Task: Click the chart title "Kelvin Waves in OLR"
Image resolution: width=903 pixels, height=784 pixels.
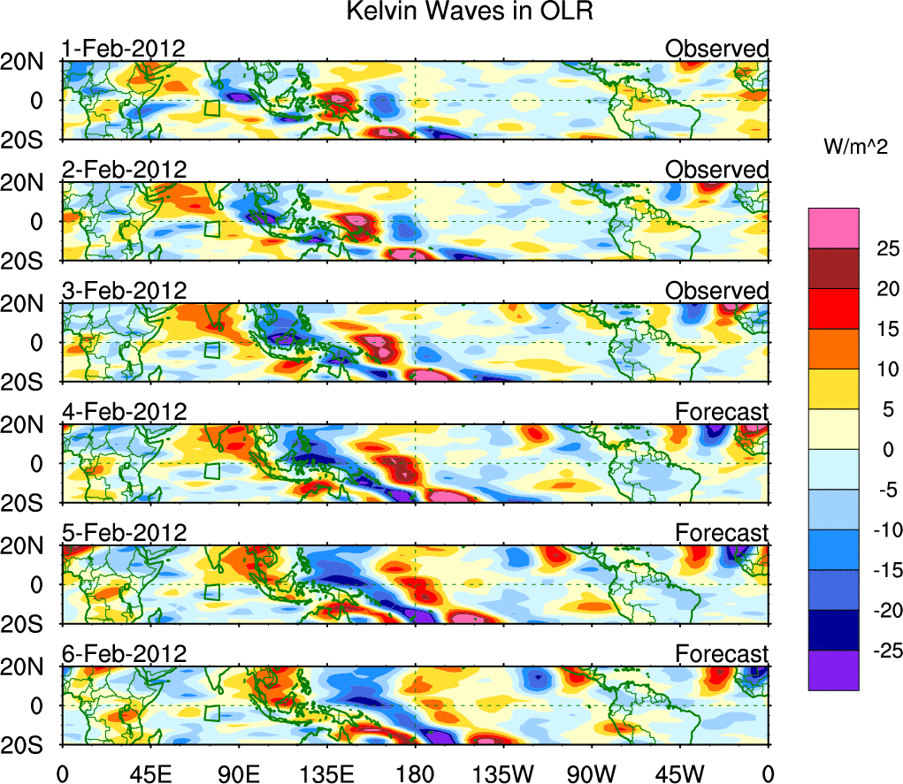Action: (450, 12)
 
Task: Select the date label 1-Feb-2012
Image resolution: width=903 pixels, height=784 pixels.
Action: (123, 49)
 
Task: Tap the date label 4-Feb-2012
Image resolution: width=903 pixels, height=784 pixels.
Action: (124, 411)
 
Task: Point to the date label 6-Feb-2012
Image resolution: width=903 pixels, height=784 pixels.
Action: (124, 653)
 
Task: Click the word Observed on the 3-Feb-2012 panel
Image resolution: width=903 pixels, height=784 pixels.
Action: (717, 291)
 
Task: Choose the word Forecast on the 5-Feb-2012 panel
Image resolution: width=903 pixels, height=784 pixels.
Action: (722, 533)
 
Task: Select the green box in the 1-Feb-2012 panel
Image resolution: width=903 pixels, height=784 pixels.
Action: (211, 109)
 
